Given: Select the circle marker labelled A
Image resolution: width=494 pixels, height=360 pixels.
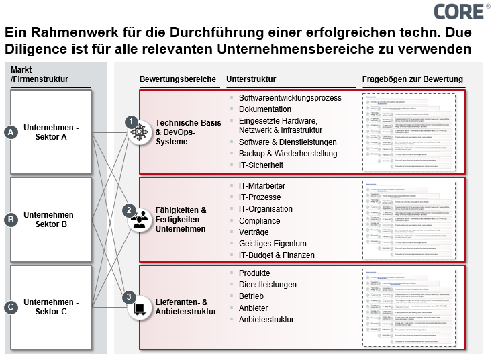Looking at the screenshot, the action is pos(10,132).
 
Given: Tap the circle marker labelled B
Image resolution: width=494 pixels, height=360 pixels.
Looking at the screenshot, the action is pos(10,219).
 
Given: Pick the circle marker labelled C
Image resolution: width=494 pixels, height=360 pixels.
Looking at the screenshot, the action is pos(10,307).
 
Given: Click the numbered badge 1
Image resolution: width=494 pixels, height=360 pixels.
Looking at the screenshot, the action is pos(131,121).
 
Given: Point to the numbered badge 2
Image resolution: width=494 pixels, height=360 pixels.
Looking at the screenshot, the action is pos(130,210).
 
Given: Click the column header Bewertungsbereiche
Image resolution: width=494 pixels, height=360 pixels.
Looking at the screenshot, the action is pos(178,79).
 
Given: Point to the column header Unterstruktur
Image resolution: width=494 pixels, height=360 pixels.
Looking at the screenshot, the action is pos(251,79).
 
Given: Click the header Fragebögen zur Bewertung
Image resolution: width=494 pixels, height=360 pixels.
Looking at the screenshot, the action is pos(413,79).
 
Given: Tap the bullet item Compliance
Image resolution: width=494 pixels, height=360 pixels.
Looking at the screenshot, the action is pos(260,220).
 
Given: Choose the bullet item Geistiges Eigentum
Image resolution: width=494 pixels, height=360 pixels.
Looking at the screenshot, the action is pos(273,243).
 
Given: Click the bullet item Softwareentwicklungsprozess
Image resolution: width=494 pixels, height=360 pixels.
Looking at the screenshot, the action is pos(290,98).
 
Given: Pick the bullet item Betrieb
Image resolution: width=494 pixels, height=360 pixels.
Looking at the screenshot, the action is pos(252,296).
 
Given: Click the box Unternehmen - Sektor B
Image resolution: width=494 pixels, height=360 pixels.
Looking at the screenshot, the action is pos(51,220).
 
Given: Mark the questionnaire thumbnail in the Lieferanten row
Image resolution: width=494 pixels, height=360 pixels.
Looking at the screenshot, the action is pos(409,307).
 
